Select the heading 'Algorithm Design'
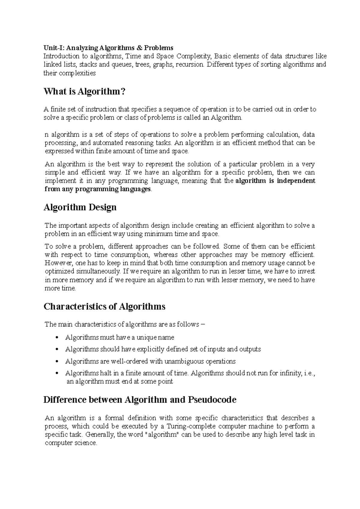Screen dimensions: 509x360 (80, 207)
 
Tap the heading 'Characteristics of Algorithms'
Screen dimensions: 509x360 (104, 307)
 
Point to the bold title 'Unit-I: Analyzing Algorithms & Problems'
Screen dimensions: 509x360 (108, 48)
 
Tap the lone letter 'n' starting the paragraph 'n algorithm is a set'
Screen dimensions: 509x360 (46, 135)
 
